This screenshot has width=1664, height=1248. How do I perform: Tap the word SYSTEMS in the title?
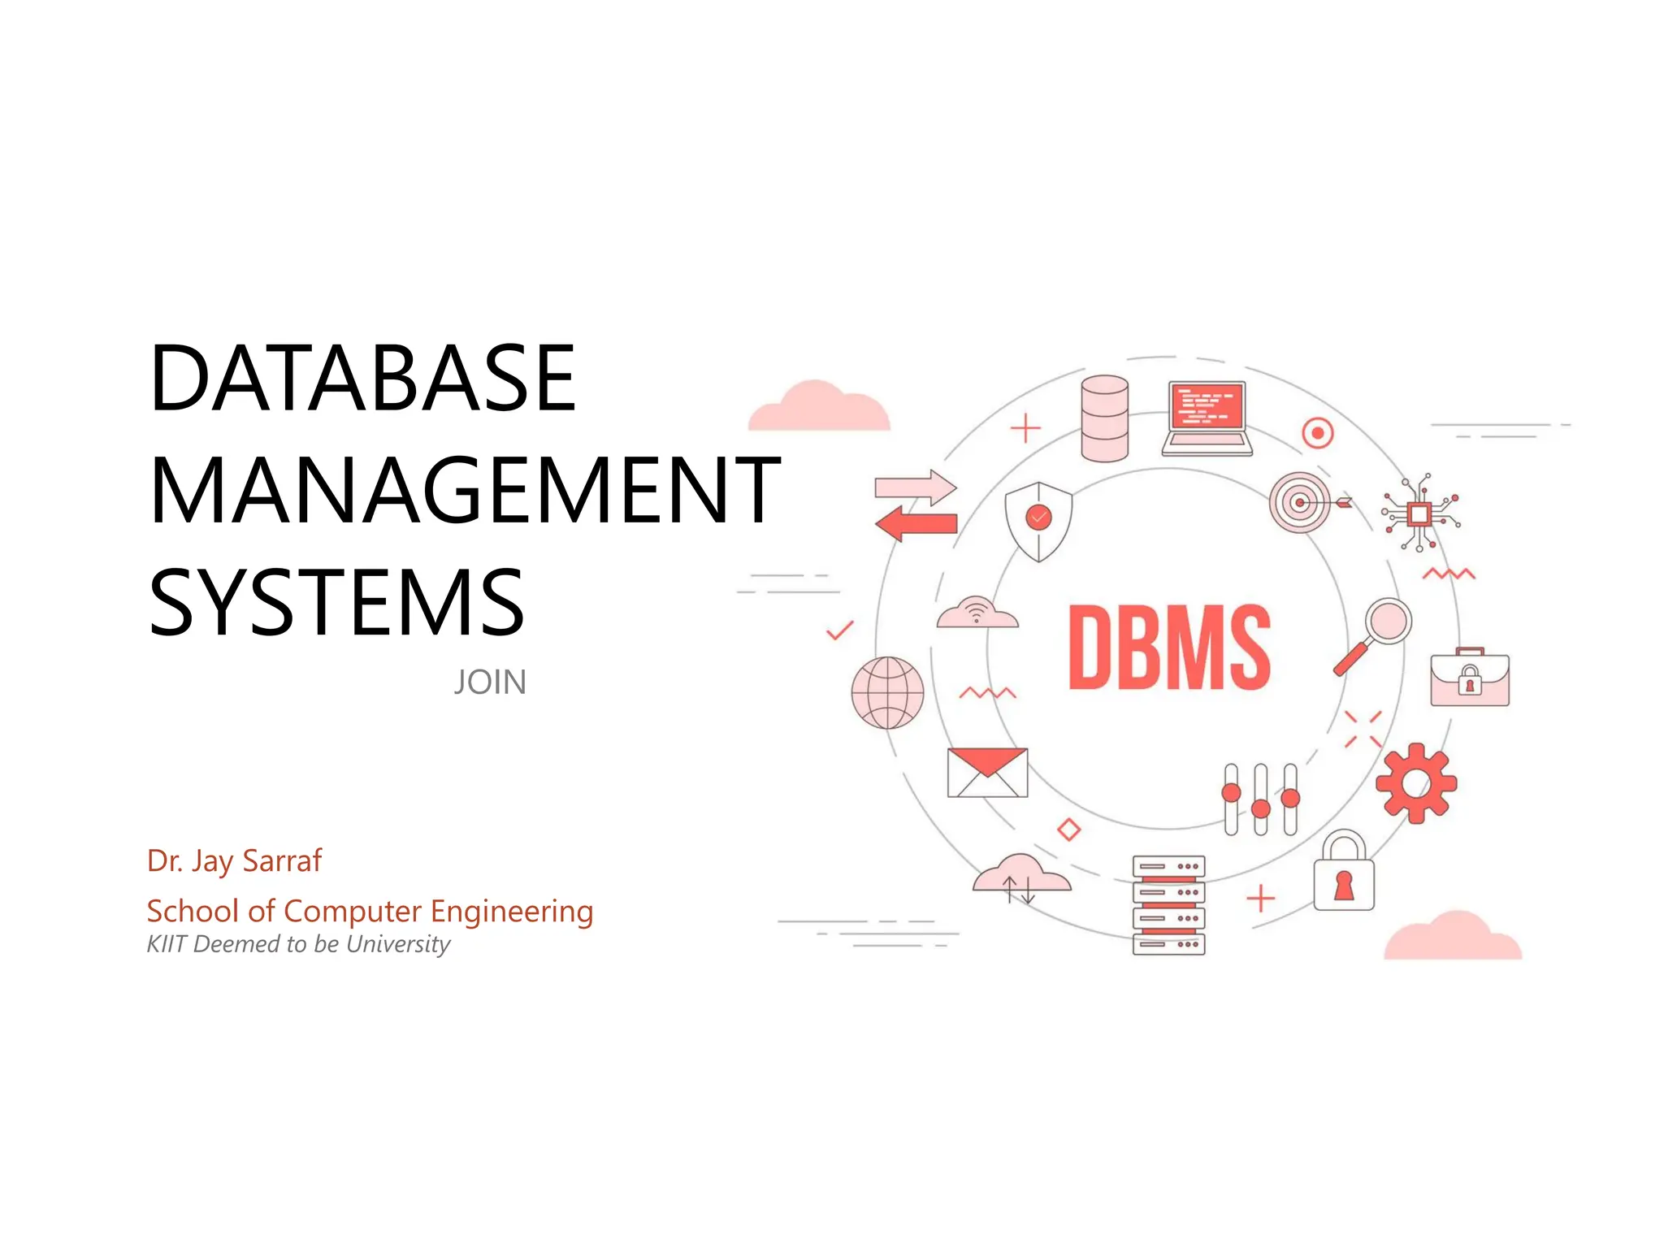tap(336, 602)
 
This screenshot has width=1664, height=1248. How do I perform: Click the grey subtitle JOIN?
tap(490, 682)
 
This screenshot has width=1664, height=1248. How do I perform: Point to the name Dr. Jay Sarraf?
tap(234, 861)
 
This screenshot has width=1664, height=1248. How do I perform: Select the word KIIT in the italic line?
tap(167, 944)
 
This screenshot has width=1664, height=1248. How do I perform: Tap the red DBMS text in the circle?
tap(1168, 648)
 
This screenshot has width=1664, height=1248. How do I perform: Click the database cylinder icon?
tap(1104, 418)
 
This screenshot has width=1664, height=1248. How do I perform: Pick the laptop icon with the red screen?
tap(1207, 418)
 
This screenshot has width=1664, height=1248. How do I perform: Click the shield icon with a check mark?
tap(1038, 521)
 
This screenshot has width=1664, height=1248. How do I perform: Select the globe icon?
tap(887, 692)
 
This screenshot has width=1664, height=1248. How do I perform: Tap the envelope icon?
tap(987, 773)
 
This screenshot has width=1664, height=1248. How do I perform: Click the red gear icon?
tap(1415, 783)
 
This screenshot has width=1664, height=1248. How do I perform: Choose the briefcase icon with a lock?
tap(1469, 678)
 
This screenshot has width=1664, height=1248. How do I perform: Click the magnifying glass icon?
tap(1374, 635)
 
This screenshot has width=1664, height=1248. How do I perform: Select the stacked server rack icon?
tap(1168, 904)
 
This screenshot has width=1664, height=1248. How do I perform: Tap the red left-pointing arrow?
tap(916, 523)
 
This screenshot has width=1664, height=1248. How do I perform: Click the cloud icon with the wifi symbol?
tap(977, 613)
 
